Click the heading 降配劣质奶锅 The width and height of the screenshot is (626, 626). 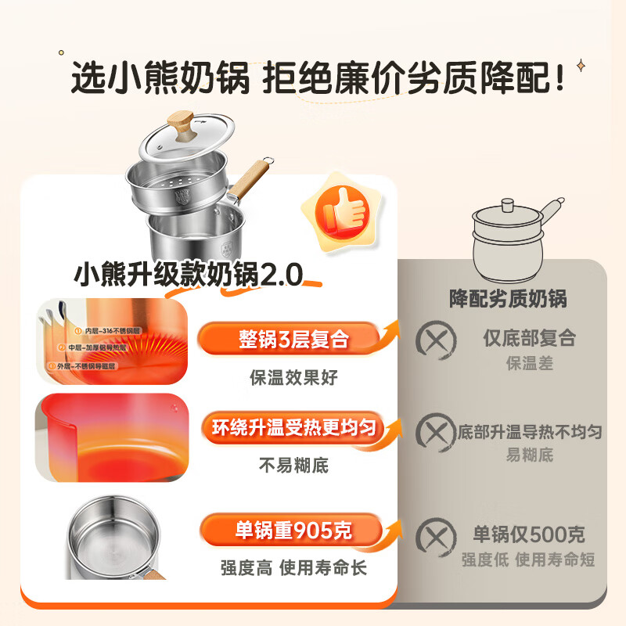508,298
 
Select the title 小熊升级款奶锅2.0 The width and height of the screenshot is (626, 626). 188,275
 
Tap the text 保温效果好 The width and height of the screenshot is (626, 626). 293,377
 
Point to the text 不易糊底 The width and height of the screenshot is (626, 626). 293,466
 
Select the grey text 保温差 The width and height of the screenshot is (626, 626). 529,364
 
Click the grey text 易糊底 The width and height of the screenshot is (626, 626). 529,455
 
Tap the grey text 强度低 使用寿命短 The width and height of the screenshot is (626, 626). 528,559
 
